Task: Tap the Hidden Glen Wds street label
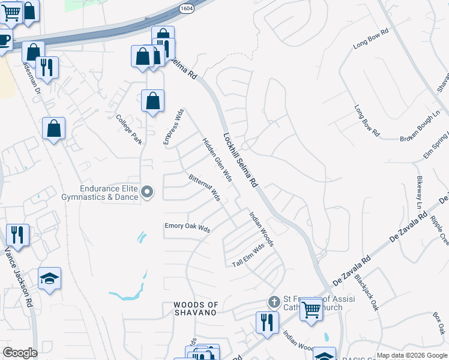217,159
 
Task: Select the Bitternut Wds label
204,188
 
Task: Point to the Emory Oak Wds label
187,228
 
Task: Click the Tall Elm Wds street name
249,256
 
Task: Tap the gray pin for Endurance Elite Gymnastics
147,193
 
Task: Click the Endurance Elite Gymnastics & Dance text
100,192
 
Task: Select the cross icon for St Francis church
274,302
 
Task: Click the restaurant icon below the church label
267,322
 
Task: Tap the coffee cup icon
5,41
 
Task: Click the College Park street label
129,129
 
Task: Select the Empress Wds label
172,127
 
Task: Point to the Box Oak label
439,323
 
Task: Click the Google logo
20,353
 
